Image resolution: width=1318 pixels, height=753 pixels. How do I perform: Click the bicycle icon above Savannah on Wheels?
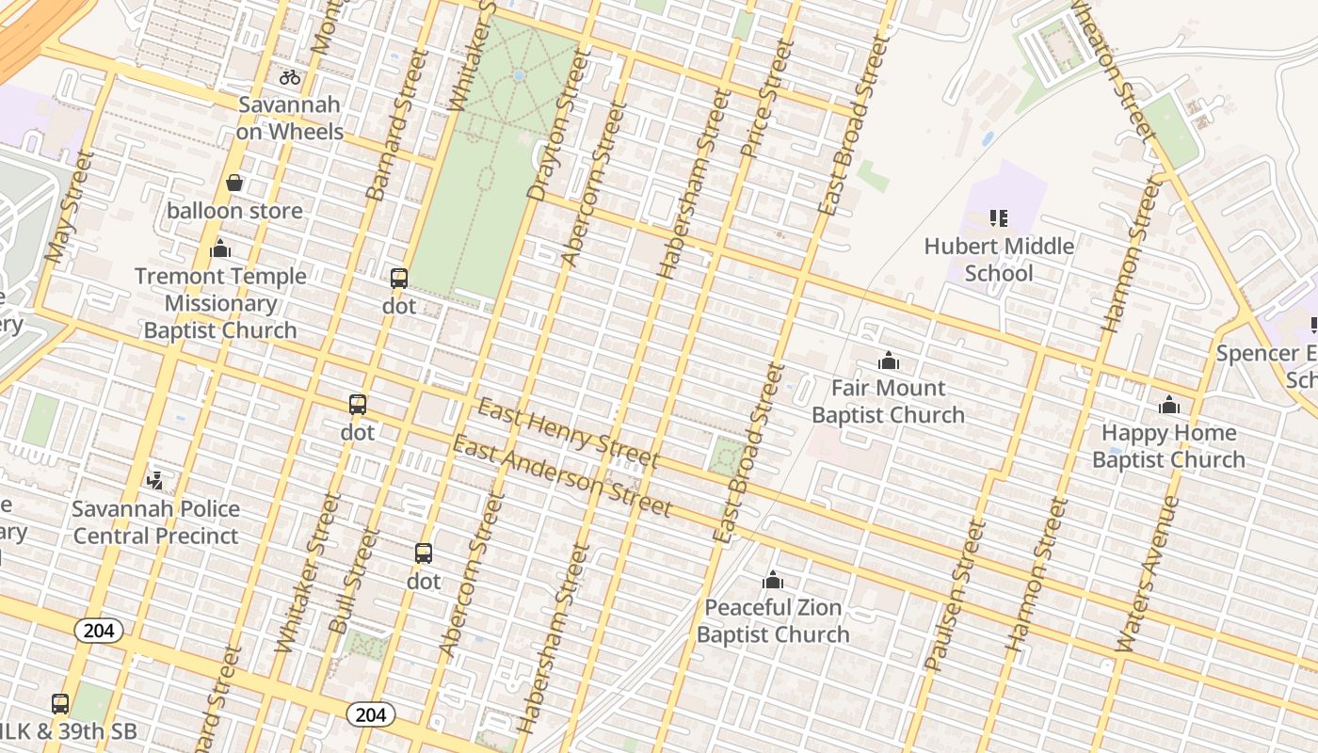click(290, 77)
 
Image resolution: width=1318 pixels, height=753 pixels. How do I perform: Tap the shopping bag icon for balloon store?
click(234, 183)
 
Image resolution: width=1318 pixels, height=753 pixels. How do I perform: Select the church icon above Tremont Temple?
click(220, 248)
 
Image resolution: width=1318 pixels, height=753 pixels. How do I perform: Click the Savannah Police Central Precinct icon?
click(155, 481)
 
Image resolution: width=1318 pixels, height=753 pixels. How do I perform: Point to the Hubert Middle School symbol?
click(999, 218)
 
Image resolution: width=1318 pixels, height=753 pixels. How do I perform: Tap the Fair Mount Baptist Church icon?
click(888, 360)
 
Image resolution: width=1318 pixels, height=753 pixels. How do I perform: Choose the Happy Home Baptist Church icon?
click(1168, 405)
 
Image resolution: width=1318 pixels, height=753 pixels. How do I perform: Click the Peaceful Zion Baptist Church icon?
click(773, 580)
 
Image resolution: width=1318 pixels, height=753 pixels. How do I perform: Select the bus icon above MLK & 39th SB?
click(60, 703)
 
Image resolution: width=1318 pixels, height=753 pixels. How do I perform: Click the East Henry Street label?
click(568, 433)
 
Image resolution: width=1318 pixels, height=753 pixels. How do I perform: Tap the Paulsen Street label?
click(955, 595)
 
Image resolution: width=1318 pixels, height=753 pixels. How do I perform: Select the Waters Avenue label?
click(1147, 574)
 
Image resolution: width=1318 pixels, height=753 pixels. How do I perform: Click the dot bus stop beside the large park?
click(399, 279)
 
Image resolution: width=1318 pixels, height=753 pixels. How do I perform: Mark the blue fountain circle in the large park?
click(518, 75)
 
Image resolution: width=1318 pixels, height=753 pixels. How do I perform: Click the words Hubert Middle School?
click(999, 260)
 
